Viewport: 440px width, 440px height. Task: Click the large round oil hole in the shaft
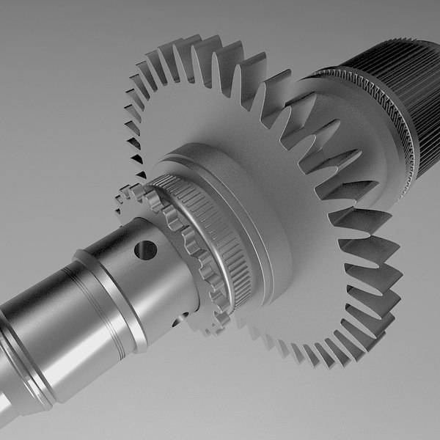point(146,250)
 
